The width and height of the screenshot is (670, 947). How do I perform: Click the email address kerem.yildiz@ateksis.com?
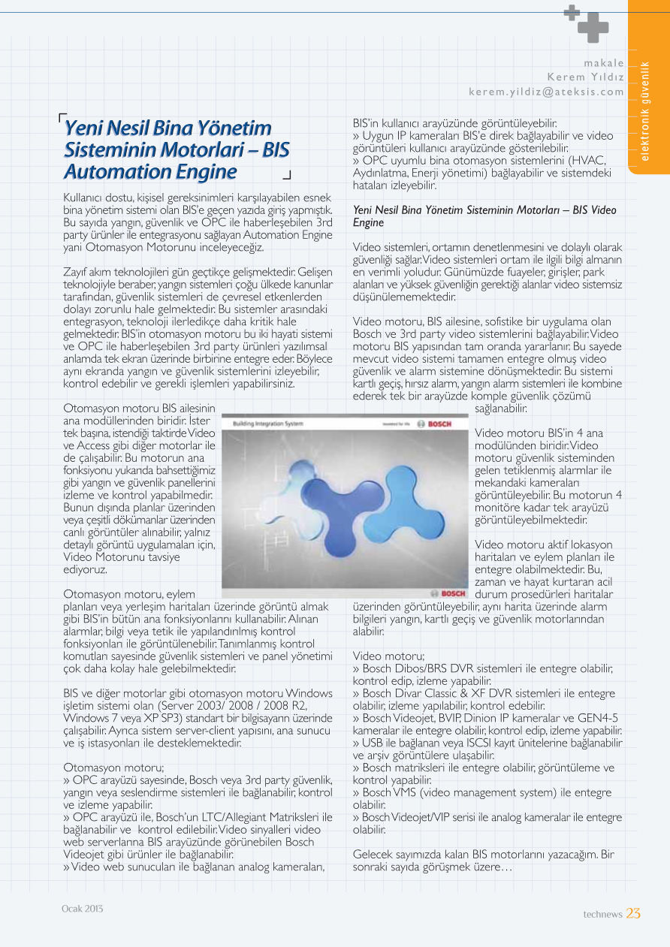(x=546, y=92)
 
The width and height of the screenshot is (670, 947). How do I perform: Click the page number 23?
(x=633, y=913)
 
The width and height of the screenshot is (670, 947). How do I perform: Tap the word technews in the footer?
(x=602, y=914)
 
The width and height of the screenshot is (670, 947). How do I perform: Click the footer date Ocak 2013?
(x=82, y=909)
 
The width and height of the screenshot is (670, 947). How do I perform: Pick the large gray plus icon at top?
(x=593, y=27)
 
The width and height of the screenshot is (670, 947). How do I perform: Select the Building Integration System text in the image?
(x=268, y=424)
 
